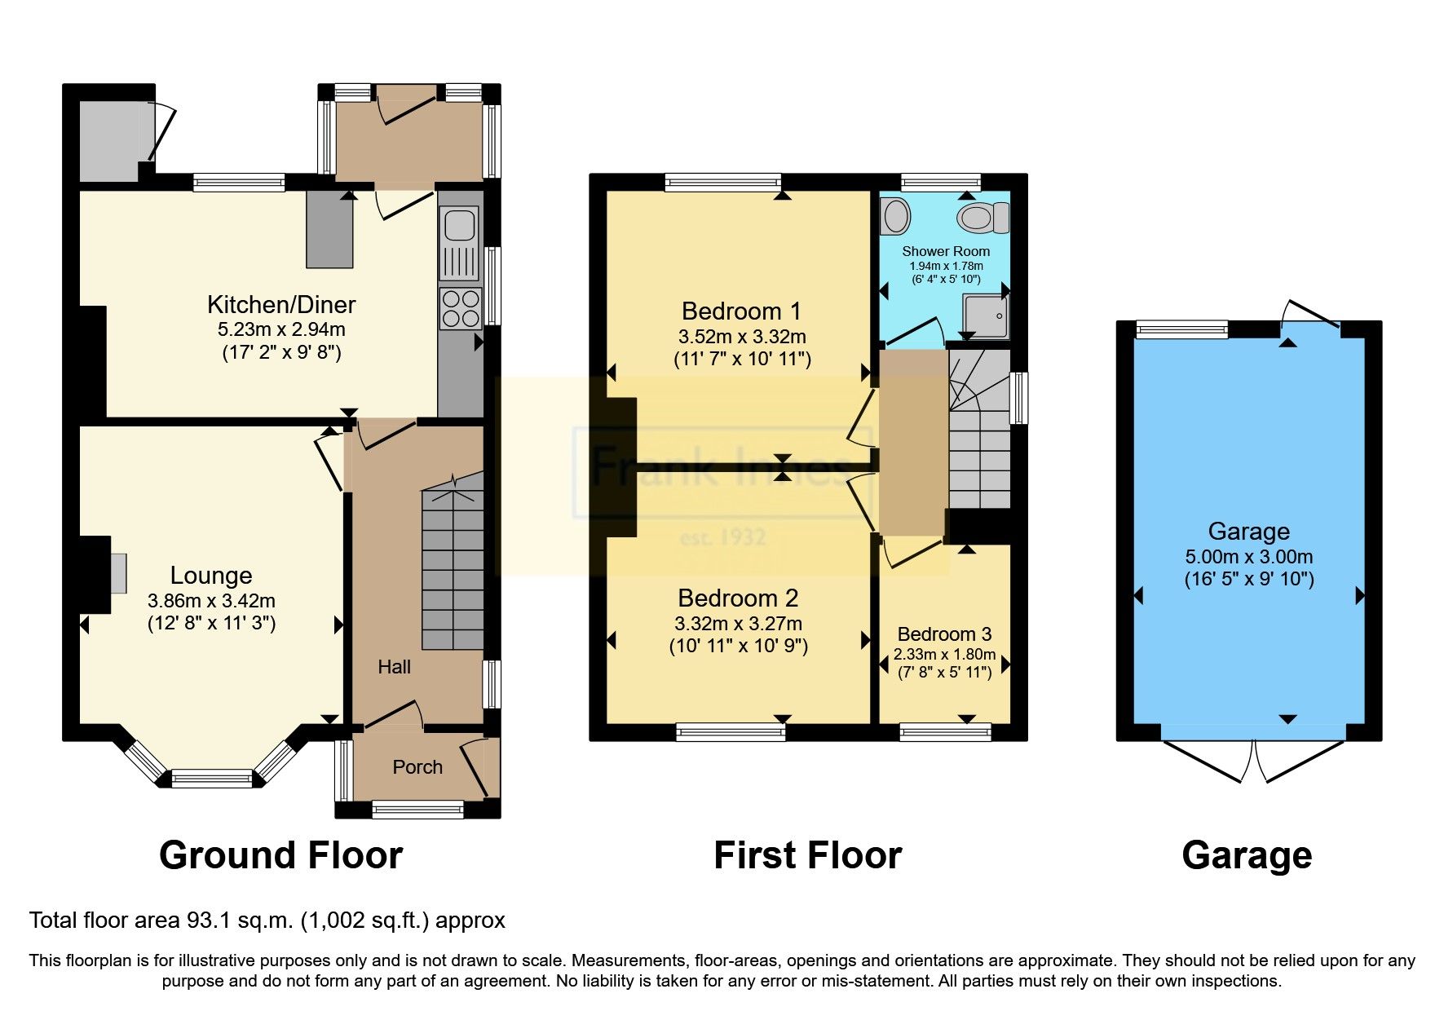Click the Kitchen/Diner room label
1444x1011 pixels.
(281, 305)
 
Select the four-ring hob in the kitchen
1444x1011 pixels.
(460, 309)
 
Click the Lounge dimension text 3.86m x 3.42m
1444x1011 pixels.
(211, 601)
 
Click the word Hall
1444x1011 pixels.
(394, 667)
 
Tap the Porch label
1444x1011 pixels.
(417, 767)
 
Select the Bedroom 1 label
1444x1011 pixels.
(741, 311)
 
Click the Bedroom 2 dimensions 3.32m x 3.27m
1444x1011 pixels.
(738, 624)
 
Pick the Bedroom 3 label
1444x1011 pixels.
(944, 634)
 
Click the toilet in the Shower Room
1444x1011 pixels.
(983, 218)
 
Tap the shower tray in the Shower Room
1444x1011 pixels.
(987, 316)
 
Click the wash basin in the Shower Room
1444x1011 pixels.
(897, 217)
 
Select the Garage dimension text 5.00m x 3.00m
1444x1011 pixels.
(1248, 557)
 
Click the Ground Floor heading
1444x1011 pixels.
(280, 855)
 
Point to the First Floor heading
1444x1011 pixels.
(807, 855)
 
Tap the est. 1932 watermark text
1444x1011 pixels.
(722, 537)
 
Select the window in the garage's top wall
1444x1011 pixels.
(1181, 329)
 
